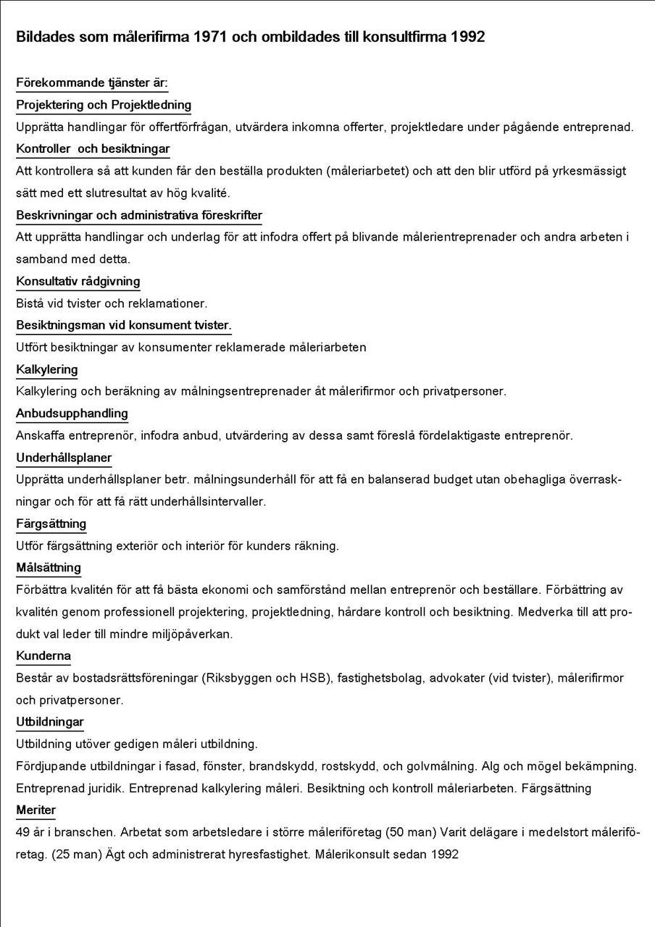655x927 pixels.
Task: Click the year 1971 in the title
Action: [x=217, y=37]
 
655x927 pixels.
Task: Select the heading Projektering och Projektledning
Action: [x=104, y=105]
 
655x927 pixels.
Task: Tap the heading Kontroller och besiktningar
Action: [x=93, y=149]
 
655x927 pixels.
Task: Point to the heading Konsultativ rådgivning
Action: [x=78, y=281]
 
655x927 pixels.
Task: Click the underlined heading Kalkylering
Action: [x=47, y=369]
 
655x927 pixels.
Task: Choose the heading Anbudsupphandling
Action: [x=72, y=414]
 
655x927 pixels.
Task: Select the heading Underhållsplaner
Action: [x=64, y=458]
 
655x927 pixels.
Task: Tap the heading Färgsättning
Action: [x=51, y=524]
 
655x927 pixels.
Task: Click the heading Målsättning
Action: [x=49, y=568]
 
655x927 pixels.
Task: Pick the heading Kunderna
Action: [x=43, y=656]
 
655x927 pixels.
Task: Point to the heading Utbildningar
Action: [x=50, y=722]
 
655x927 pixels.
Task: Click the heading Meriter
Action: [x=36, y=810]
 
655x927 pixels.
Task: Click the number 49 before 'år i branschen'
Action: [x=23, y=832]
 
